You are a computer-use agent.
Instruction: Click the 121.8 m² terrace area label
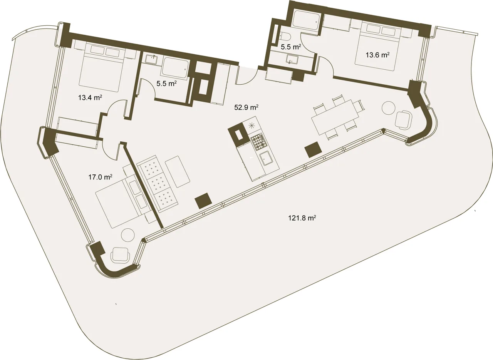coord(302,218)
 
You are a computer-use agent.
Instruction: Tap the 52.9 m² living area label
coord(246,107)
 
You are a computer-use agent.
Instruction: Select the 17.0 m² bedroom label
coord(101,177)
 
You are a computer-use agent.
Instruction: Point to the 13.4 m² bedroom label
coord(90,97)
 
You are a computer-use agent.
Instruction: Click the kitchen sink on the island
coord(266,158)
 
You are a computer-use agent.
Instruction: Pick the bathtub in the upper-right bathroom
coord(306,20)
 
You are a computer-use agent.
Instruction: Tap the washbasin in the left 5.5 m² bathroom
coord(151,60)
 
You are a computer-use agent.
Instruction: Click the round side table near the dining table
coord(389,107)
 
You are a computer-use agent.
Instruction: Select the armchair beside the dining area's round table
coord(403,119)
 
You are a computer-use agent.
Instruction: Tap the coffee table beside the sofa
coord(178,172)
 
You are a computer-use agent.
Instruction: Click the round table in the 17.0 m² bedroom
coord(128,236)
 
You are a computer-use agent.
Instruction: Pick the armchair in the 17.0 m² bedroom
coord(121,255)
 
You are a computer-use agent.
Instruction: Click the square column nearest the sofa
coord(203,201)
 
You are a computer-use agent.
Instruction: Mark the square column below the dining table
coord(313,150)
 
